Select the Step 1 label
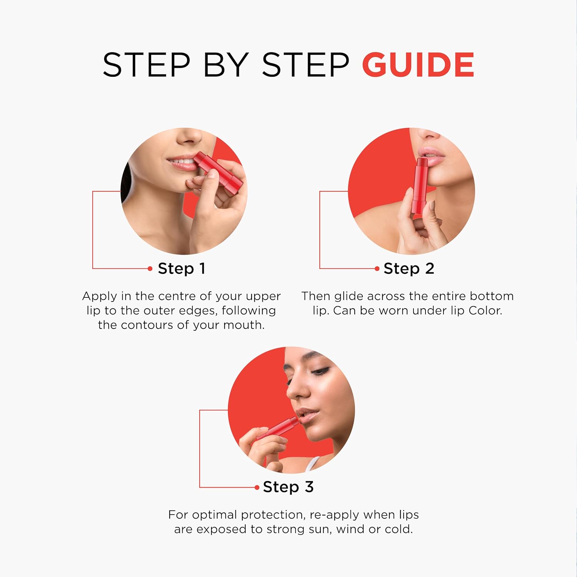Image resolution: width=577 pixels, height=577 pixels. pos(182,268)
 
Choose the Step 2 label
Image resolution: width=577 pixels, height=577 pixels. pos(409,268)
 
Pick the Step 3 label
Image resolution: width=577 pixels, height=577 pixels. pos(288,487)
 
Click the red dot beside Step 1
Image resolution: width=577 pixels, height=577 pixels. pos(150,268)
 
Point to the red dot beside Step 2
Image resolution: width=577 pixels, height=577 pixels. pos(377,268)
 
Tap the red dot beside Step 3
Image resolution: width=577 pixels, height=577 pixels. pos(257,487)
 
